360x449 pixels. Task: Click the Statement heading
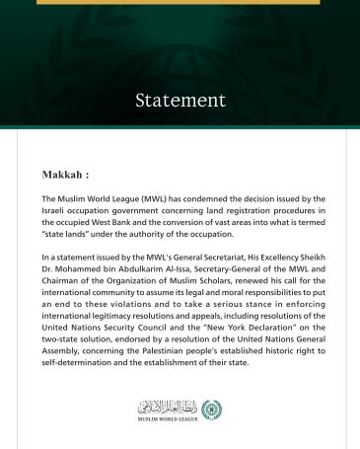click(180, 101)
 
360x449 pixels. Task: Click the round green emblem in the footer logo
click(210, 408)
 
